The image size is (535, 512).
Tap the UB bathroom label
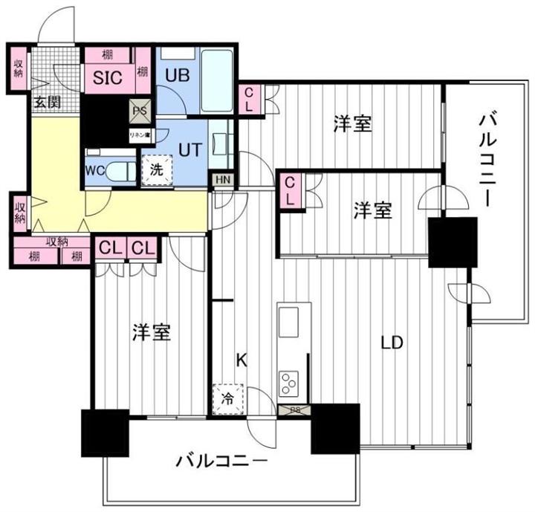pos(177,74)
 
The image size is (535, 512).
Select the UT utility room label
pos(189,148)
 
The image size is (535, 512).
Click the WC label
pos(94,169)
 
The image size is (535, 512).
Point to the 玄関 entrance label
pos(46,102)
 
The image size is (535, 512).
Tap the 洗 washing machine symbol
pos(157,169)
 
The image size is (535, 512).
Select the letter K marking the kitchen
pos(241,360)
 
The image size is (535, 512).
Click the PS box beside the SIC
pos(140,111)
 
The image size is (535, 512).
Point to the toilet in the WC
pos(123,170)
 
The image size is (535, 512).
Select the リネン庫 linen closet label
pos(140,135)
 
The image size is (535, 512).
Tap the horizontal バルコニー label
pos(221,462)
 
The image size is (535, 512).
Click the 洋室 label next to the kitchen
pos(152,332)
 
